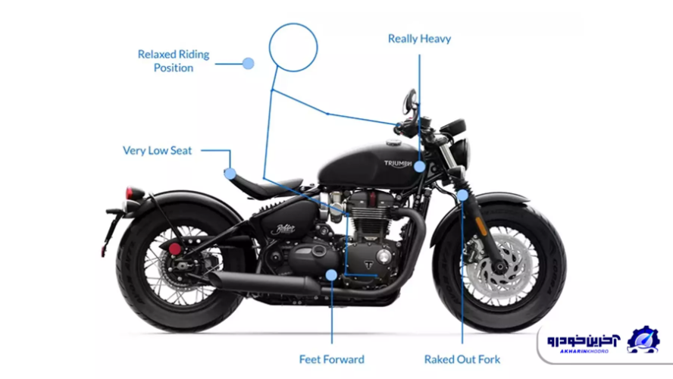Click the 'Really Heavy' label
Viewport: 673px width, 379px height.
[419, 39]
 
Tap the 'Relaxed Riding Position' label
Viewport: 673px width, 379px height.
[174, 61]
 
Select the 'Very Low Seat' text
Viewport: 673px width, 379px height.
[158, 150]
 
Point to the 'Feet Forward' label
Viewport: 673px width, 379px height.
[332, 359]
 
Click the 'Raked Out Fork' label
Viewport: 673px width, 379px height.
[462, 359]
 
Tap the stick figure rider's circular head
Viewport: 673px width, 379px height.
[293, 45]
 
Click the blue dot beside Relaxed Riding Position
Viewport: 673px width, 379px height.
[248, 64]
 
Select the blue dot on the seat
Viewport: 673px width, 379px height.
[230, 173]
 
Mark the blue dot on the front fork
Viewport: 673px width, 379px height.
[462, 196]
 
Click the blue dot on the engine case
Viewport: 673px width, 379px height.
[330, 274]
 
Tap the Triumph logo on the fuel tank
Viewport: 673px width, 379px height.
[399, 163]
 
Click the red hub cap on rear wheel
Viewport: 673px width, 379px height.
[175, 248]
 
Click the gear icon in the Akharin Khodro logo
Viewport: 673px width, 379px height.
[643, 340]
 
